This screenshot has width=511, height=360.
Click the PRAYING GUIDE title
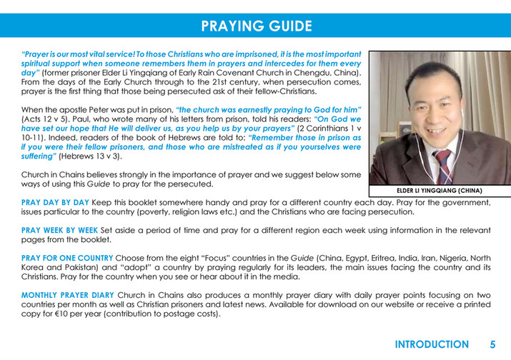[x=256, y=26]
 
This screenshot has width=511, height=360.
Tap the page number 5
[x=492, y=344]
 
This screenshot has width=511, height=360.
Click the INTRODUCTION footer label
[x=432, y=344]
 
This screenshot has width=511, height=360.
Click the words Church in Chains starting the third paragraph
[x=54, y=174]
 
